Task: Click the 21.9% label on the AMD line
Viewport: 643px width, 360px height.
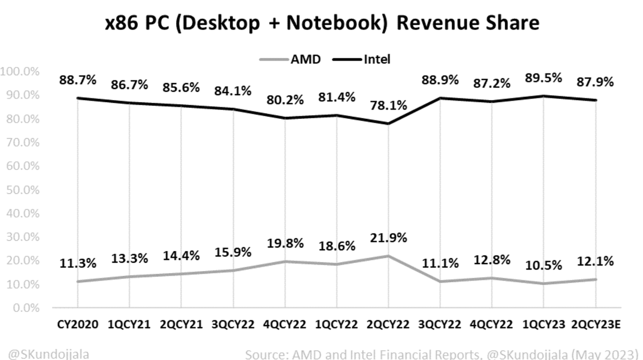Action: pyautogui.click(x=388, y=237)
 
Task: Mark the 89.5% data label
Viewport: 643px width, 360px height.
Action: pyautogui.click(x=544, y=78)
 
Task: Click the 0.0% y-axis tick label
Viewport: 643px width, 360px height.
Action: pyautogui.click(x=24, y=309)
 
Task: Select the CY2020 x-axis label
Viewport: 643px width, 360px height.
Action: pyautogui.click(x=78, y=325)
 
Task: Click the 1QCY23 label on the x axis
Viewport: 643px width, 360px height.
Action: pyautogui.click(x=544, y=325)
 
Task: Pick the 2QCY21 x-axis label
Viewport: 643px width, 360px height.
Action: pyautogui.click(x=181, y=325)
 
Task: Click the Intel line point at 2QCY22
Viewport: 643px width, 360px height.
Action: pyautogui.click(x=388, y=123)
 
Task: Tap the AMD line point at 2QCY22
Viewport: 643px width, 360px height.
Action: pyautogui.click(x=388, y=256)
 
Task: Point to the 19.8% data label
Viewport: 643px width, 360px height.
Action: pyautogui.click(x=285, y=243)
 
